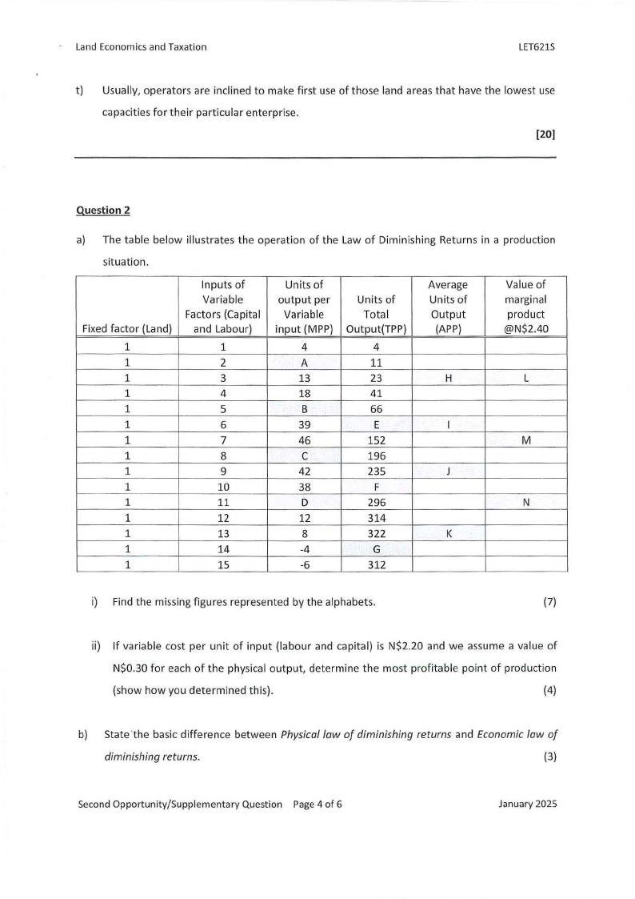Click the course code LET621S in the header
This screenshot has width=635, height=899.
(x=537, y=47)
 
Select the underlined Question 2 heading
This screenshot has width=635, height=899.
(x=102, y=211)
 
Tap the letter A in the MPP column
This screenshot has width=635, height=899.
(x=304, y=361)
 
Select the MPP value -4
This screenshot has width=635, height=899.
(x=304, y=548)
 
